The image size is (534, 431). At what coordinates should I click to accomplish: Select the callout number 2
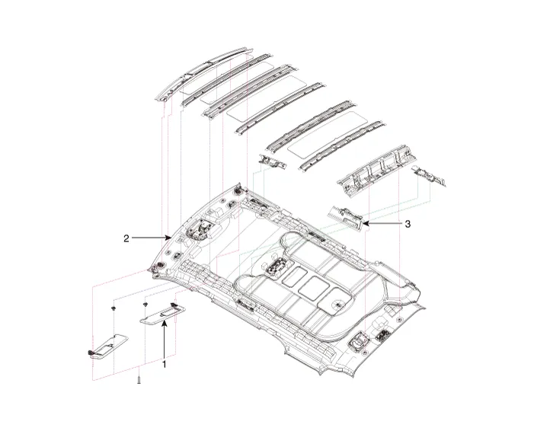tap(126, 238)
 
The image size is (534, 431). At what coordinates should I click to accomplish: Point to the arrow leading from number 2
tap(152, 238)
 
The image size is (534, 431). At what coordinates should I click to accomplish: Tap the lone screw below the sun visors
tap(139, 378)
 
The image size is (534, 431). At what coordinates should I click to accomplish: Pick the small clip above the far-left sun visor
tap(113, 308)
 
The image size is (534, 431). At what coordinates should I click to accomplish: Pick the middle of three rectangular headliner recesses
tap(311, 286)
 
